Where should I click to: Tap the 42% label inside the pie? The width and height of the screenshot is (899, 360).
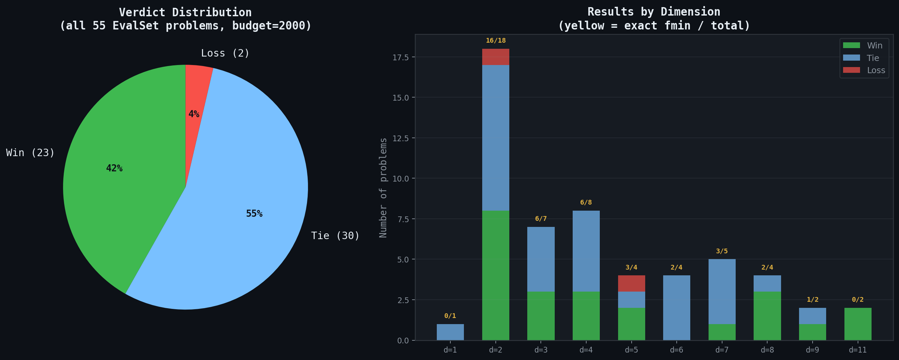tap(114, 168)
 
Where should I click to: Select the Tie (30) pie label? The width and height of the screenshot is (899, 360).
tap(335, 236)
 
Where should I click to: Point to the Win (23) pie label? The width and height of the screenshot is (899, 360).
tap(30, 153)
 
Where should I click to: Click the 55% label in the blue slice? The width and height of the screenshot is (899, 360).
tap(254, 213)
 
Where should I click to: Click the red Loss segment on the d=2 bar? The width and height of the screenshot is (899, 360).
tap(495, 57)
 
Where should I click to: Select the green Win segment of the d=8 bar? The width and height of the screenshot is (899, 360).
tap(767, 316)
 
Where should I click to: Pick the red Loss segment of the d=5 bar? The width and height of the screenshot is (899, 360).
tap(631, 283)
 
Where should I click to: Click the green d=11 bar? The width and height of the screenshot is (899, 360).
tap(857, 324)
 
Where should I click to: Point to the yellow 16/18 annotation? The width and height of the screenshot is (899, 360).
tap(495, 40)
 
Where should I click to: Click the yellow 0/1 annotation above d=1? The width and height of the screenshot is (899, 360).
tap(450, 316)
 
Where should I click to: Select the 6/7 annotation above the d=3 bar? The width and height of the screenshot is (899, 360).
tap(540, 219)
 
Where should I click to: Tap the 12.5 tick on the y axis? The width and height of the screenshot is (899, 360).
tap(400, 138)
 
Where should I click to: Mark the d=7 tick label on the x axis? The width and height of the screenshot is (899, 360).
tap(722, 350)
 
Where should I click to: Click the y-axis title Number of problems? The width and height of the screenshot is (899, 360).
tap(383, 188)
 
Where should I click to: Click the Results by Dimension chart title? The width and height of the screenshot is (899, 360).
tap(654, 12)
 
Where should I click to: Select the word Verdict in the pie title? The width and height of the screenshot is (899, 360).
tap(142, 13)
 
